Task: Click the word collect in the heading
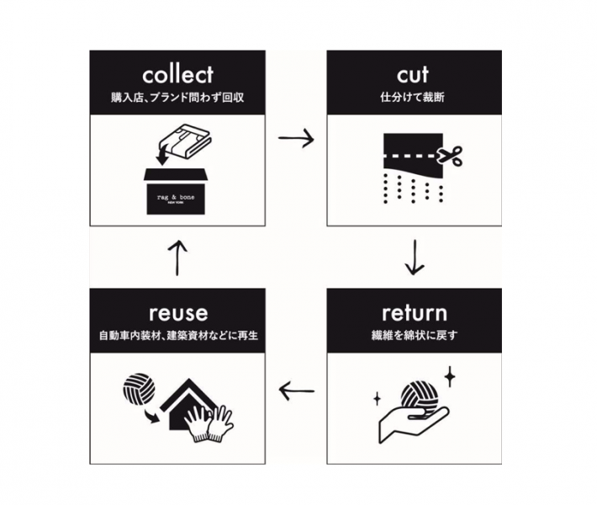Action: [x=177, y=75]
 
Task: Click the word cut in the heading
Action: [x=413, y=75]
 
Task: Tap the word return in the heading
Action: [x=415, y=313]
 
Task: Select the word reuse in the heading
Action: [x=178, y=314]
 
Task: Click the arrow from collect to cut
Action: [x=296, y=138]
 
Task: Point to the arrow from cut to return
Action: [x=415, y=258]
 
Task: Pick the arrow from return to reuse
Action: [x=297, y=391]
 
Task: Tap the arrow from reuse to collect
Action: [x=177, y=258]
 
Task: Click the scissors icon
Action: [x=450, y=156]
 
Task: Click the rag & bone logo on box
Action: [x=176, y=198]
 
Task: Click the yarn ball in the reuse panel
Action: [x=139, y=389]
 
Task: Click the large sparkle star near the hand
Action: [x=450, y=376]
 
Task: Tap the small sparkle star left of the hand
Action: [x=378, y=399]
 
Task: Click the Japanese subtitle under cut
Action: [x=413, y=97]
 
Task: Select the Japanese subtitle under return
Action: [x=415, y=335]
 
